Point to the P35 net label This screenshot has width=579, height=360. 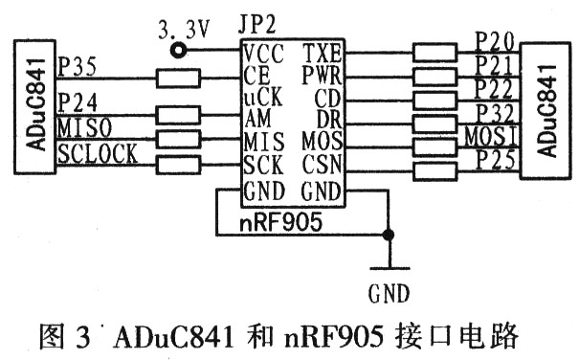coord(77,67)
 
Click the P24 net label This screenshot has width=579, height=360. coord(77,101)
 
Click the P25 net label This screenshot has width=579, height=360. coord(497,155)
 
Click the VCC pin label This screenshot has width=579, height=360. coord(262,51)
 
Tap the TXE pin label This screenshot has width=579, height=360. coord(322,51)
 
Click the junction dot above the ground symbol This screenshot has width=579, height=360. coord(388,235)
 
